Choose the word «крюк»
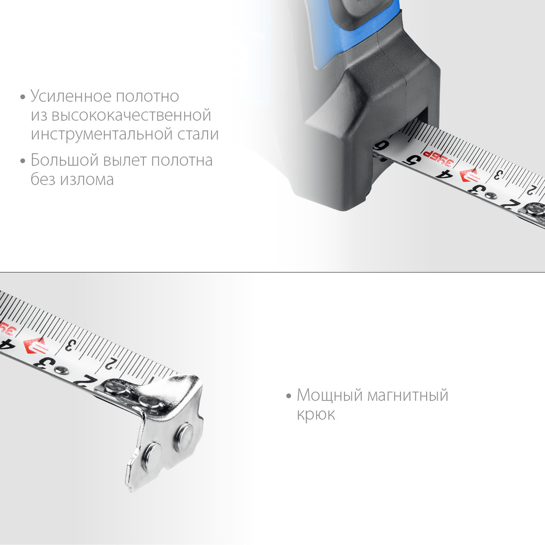[316, 414]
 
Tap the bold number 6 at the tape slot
[384, 146]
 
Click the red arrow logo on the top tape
[469, 177]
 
